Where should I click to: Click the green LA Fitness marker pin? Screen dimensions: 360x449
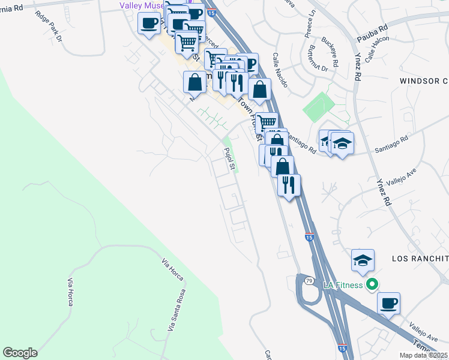click(373, 284)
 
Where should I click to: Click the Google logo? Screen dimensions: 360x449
click(20, 353)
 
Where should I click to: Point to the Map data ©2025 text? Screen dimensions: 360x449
click(423, 355)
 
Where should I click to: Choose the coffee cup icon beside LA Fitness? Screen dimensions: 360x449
click(389, 302)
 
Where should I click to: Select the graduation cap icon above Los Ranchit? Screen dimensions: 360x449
click(363, 260)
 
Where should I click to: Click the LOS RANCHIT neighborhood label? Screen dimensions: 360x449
click(420, 258)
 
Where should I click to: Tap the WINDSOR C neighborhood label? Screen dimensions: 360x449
click(424, 80)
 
